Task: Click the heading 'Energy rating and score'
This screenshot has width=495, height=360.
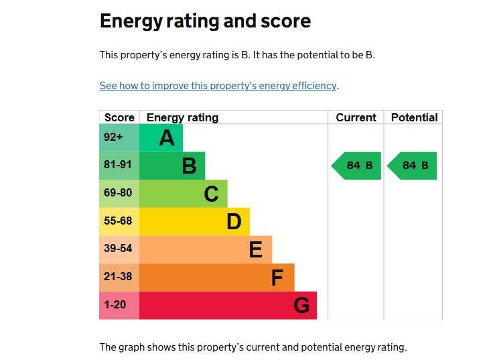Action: [205, 21]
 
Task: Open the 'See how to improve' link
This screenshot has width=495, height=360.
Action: [218, 86]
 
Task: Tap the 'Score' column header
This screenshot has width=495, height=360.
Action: [119, 117]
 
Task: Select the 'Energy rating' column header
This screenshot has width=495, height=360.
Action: [182, 117]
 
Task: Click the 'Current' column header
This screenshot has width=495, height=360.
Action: [356, 117]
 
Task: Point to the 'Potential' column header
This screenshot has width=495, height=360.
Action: [414, 117]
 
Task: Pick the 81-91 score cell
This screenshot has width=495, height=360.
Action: [118, 165]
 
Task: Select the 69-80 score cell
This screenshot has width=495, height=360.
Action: [118, 193]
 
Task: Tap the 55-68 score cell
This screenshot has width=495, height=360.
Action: [118, 221]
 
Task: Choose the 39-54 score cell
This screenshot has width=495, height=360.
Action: [118, 249]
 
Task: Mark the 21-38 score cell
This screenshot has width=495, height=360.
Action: [118, 277]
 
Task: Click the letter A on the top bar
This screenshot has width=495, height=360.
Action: [167, 138]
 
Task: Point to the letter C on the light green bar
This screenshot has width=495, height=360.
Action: [211, 194]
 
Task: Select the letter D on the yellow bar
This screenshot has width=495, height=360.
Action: [233, 222]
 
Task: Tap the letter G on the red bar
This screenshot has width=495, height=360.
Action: [301, 306]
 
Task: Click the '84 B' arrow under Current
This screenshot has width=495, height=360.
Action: [357, 166]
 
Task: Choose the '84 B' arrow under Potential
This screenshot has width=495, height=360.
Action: [413, 166]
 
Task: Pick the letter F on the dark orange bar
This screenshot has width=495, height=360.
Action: [277, 278]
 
